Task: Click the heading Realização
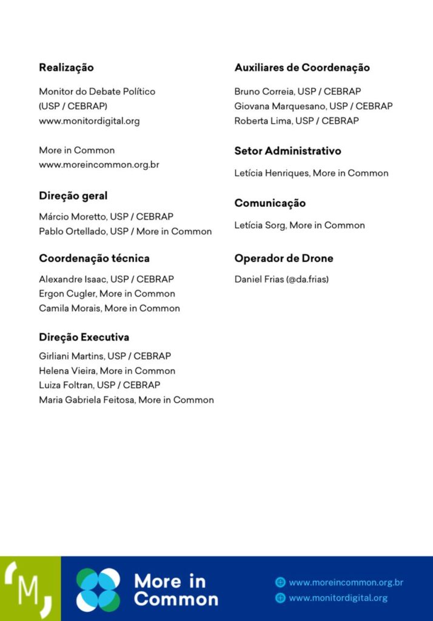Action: click(x=66, y=68)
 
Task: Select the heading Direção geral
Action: click(x=73, y=196)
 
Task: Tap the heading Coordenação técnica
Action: click(x=94, y=258)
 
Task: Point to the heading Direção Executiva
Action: click(x=84, y=337)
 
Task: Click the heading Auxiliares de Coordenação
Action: click(x=302, y=68)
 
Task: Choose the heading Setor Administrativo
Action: click(x=287, y=151)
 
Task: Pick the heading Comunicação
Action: click(x=270, y=203)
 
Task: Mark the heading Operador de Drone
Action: click(x=284, y=258)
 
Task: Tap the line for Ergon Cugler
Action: click(x=107, y=294)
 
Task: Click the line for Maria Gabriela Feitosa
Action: click(x=126, y=400)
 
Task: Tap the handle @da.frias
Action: click(x=307, y=280)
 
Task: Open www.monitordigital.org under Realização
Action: click(x=89, y=121)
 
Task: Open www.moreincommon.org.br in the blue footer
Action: click(x=346, y=583)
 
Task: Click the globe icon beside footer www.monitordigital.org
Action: click(x=280, y=598)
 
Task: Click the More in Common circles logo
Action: click(x=98, y=589)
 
